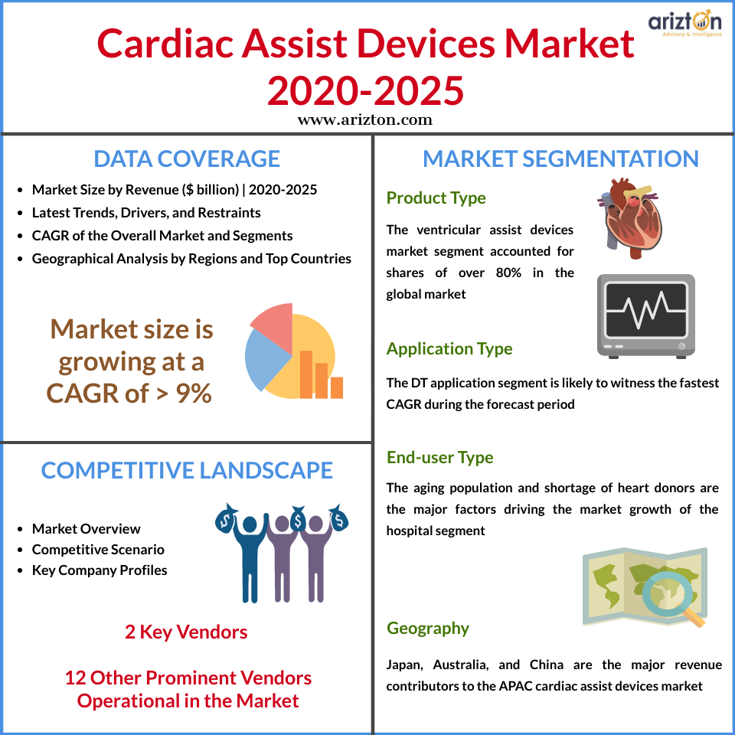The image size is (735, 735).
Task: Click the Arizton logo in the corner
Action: pyautogui.click(x=684, y=24)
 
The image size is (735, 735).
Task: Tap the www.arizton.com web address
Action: pyautogui.click(x=365, y=120)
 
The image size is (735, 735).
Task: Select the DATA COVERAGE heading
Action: pyautogui.click(x=187, y=159)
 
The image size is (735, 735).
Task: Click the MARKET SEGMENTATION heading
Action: pyautogui.click(x=560, y=159)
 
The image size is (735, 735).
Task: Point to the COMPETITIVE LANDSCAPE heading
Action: pyautogui.click(x=187, y=470)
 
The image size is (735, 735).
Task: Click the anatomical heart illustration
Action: pyautogui.click(x=630, y=218)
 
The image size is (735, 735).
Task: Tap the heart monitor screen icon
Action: pyautogui.click(x=646, y=316)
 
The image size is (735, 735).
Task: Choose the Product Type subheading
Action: pyautogui.click(x=436, y=198)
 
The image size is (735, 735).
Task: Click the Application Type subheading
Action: pyautogui.click(x=449, y=349)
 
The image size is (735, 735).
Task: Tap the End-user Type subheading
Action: pyautogui.click(x=439, y=457)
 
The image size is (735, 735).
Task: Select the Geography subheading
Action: pyautogui.click(x=427, y=628)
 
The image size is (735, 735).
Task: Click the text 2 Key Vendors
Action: pyautogui.click(x=186, y=632)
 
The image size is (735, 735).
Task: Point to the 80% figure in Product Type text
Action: pyautogui.click(x=508, y=273)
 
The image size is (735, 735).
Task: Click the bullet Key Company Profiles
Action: pyautogui.click(x=100, y=570)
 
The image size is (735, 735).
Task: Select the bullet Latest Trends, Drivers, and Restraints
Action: pyautogui.click(x=146, y=212)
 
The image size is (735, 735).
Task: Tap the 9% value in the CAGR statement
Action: pyautogui.click(x=194, y=393)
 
